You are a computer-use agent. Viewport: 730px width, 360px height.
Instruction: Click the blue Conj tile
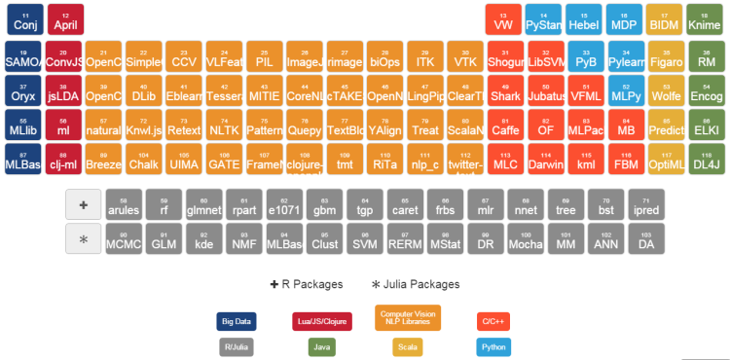[24, 20]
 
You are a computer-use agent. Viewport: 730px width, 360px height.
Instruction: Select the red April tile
[65, 20]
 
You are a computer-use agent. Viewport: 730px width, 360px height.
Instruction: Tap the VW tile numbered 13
[503, 20]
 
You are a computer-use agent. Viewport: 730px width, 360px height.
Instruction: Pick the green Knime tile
[704, 20]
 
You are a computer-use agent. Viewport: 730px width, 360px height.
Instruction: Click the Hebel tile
[583, 20]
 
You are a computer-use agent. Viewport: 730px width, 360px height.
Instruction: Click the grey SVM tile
[364, 239]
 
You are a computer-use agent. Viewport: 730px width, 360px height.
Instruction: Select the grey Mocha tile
[526, 239]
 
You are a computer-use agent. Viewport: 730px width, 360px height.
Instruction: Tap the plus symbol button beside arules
[83, 204]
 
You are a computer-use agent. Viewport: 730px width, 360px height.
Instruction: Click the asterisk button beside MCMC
[83, 239]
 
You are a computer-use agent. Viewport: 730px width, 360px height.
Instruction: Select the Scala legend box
[408, 345]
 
